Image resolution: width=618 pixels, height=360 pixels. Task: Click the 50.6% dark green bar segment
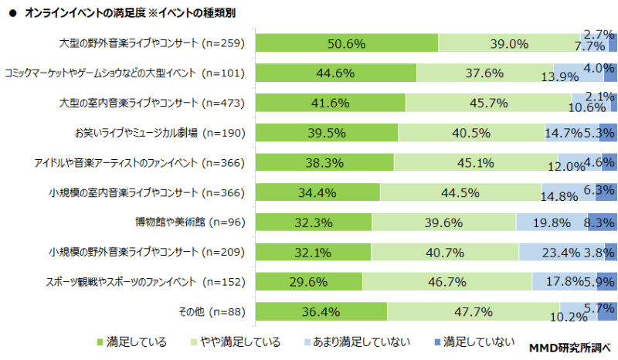(346, 44)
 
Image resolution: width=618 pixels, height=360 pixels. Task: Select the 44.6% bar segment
(335, 73)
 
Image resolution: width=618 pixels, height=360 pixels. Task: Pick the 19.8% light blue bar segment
(552, 222)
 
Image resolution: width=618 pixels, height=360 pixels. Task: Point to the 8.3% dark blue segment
(602, 222)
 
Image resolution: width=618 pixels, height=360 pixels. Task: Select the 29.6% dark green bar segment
(309, 282)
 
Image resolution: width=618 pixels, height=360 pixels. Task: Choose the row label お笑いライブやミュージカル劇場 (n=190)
(159, 133)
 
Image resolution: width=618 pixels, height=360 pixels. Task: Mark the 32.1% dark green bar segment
(313, 252)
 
